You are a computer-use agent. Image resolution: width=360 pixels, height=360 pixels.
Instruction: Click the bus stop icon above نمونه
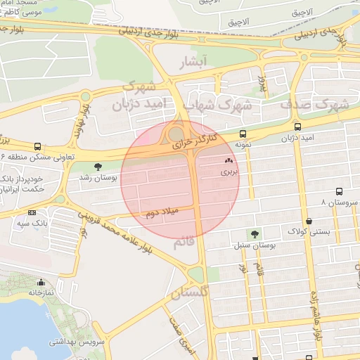click(x=243, y=134)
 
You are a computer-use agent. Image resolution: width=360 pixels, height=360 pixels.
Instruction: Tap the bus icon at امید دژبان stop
click(x=298, y=127)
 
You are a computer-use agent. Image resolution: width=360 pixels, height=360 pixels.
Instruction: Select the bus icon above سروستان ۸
click(x=340, y=191)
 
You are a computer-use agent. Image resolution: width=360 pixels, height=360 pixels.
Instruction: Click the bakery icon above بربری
click(x=229, y=161)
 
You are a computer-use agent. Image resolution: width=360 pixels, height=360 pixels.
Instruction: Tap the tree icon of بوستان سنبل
click(x=254, y=235)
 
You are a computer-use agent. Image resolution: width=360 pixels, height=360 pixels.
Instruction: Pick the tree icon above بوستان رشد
click(x=97, y=167)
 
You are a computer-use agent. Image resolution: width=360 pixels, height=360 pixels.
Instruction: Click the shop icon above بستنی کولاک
click(x=309, y=220)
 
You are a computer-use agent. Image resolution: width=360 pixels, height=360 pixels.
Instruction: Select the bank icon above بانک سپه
click(x=32, y=212)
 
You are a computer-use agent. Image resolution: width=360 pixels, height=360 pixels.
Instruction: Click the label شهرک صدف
click(x=315, y=104)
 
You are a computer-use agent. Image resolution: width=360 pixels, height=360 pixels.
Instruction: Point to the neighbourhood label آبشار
click(x=195, y=63)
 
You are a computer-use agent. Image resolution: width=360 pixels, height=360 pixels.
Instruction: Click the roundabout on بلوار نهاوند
click(x=86, y=96)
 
